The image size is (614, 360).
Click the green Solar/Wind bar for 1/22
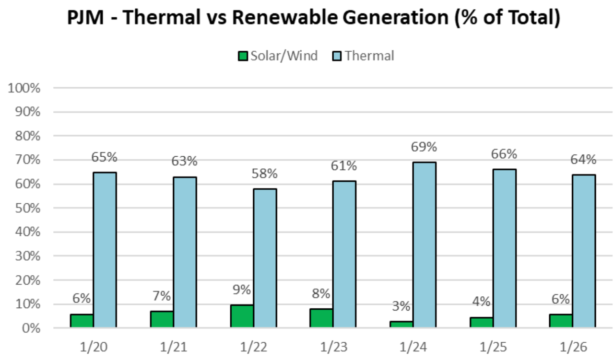click(242, 316)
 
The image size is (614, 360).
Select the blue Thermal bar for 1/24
click(425, 245)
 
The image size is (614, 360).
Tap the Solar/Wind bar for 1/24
click(401, 325)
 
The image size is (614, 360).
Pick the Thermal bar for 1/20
click(105, 250)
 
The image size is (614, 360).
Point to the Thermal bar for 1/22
click(265, 258)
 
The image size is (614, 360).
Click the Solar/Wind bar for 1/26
click(561, 321)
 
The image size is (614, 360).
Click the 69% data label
click(424, 147)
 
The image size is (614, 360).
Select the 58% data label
click(264, 174)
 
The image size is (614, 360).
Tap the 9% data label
click(242, 290)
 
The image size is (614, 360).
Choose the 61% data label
click(344, 166)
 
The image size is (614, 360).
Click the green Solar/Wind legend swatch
click(243, 56)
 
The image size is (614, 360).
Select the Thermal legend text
click(369, 56)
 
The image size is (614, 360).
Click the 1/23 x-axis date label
click(333, 347)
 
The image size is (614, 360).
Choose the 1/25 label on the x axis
click(493, 347)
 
